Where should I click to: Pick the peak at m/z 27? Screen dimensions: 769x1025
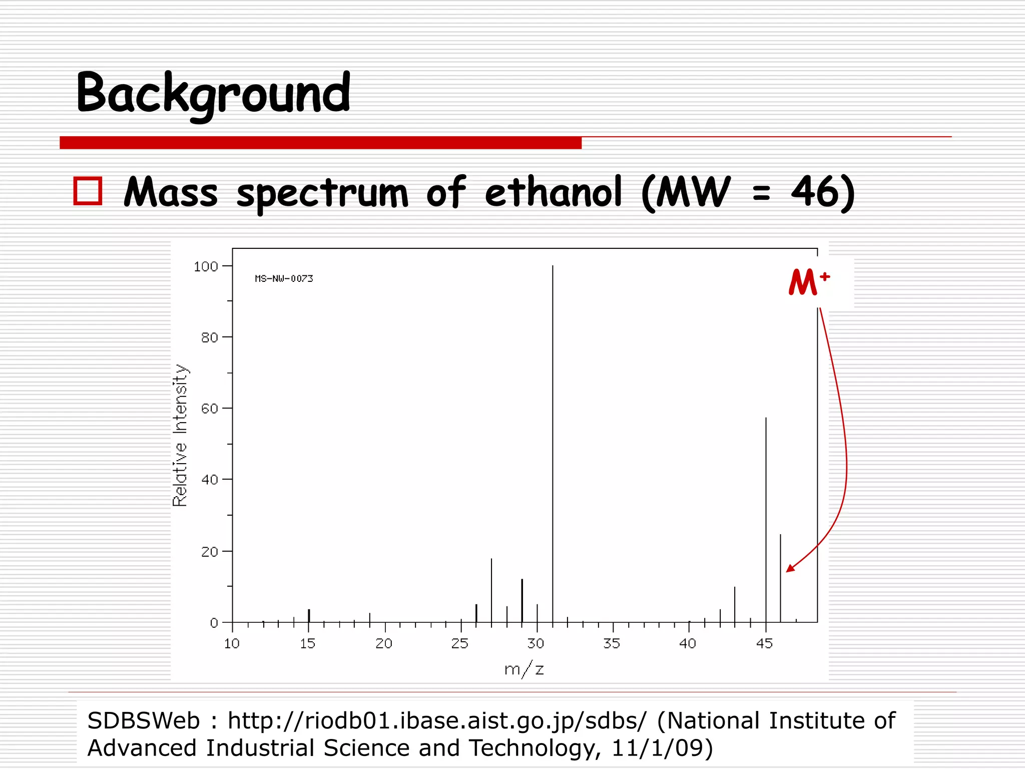point(491,591)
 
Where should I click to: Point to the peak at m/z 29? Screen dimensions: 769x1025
point(522,601)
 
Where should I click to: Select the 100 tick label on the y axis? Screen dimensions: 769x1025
point(206,266)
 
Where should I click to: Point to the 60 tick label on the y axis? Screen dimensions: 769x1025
point(210,409)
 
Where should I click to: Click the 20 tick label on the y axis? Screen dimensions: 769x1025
point(210,552)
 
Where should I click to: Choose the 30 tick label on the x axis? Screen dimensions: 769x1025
point(536,644)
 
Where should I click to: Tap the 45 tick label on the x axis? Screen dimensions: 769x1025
point(764,644)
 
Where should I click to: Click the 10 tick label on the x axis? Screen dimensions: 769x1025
point(232,644)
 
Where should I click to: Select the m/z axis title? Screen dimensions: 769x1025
point(524,669)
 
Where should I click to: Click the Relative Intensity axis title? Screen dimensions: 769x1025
point(180,436)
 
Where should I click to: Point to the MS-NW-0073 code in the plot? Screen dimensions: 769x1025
point(284,278)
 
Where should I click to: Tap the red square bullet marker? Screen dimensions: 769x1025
point(88,191)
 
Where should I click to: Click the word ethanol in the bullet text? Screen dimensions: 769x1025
point(553,193)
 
